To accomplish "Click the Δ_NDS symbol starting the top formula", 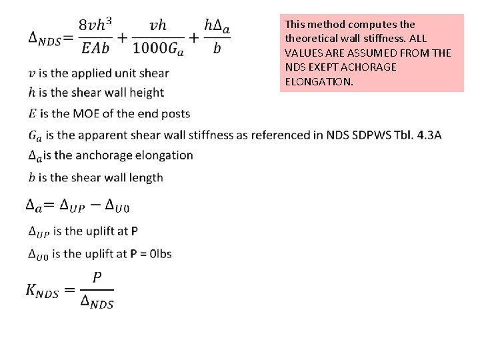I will tap(43, 39).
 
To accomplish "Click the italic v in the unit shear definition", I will tap(33, 73).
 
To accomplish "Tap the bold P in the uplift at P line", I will tap(135, 231).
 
